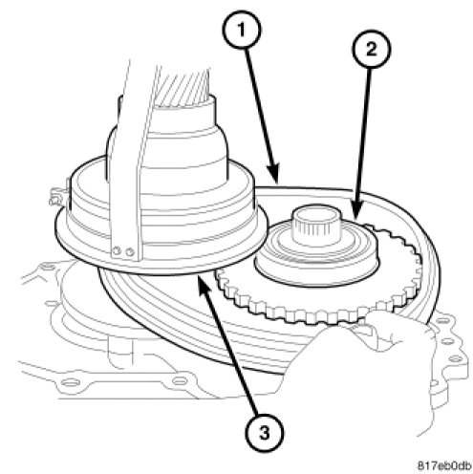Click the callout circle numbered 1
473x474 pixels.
click(x=241, y=31)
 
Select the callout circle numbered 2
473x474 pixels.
click(x=372, y=50)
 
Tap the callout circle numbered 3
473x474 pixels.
click(x=264, y=433)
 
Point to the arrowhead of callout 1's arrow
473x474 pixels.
click(x=273, y=174)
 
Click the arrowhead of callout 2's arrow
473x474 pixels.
click(x=357, y=209)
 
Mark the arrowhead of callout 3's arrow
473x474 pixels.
click(x=204, y=285)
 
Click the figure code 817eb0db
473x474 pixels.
click(x=444, y=465)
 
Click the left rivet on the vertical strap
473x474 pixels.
click(x=118, y=251)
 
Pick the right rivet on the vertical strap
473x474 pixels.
click(x=129, y=253)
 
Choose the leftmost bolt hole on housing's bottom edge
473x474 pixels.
click(x=69, y=381)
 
